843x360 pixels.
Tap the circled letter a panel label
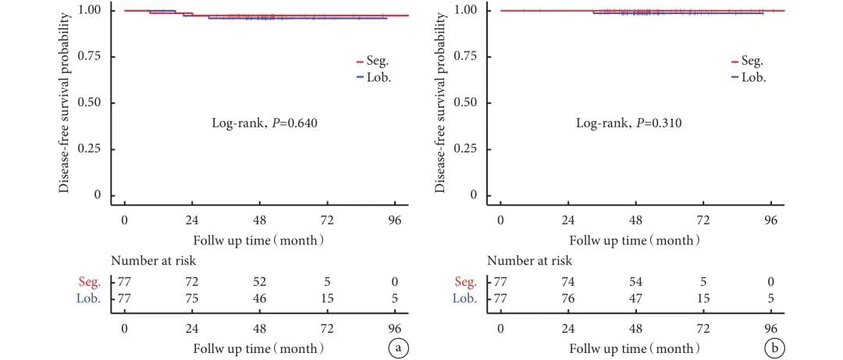click(x=398, y=347)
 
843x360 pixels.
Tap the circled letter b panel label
click(x=775, y=347)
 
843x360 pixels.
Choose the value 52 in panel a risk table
click(x=259, y=281)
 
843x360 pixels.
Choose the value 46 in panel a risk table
click(x=259, y=298)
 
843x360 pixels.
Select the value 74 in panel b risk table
click(x=567, y=281)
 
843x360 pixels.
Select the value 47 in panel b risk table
click(x=635, y=298)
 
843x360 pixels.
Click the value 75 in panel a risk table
click(x=191, y=298)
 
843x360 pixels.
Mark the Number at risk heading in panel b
click(x=529, y=261)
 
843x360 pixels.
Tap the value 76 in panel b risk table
click(x=567, y=298)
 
